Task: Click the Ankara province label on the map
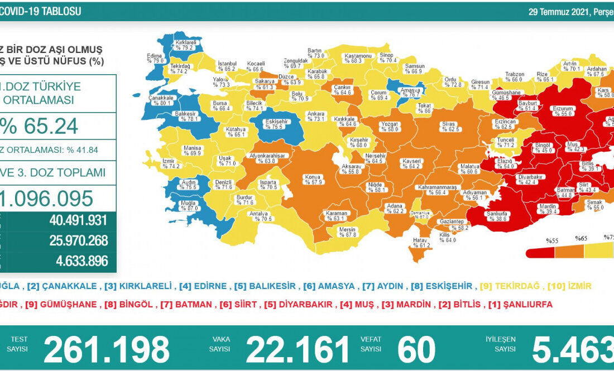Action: (x=316, y=116)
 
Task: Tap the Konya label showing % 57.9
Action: (x=312, y=179)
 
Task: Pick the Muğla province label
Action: (x=189, y=205)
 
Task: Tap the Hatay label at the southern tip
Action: (x=420, y=242)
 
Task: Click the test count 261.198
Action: (x=106, y=350)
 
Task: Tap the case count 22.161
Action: (x=298, y=350)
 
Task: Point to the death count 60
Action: (x=416, y=350)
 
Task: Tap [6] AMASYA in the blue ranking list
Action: (x=329, y=286)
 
